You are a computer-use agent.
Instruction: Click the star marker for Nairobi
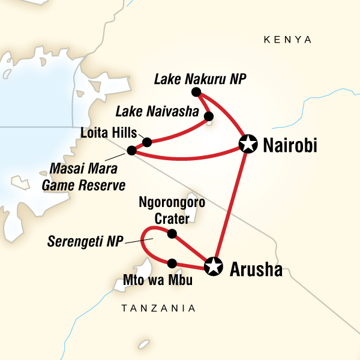(247, 143)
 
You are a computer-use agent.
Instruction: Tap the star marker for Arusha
(213, 266)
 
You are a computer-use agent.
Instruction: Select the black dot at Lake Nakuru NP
(195, 92)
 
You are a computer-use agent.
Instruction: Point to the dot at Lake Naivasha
(208, 116)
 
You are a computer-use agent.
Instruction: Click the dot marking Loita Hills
(146, 142)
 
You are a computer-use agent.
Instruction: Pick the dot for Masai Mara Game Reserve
(131, 150)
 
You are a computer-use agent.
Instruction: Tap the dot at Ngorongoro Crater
(172, 233)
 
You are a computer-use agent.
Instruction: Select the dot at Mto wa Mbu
(172, 263)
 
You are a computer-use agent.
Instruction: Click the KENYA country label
(288, 40)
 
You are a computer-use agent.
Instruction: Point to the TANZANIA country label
(158, 308)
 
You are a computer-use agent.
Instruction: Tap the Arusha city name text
(256, 269)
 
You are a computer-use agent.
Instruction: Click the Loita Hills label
(109, 133)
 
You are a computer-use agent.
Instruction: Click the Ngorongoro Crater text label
(172, 209)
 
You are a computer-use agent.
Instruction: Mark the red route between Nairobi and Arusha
(231, 204)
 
